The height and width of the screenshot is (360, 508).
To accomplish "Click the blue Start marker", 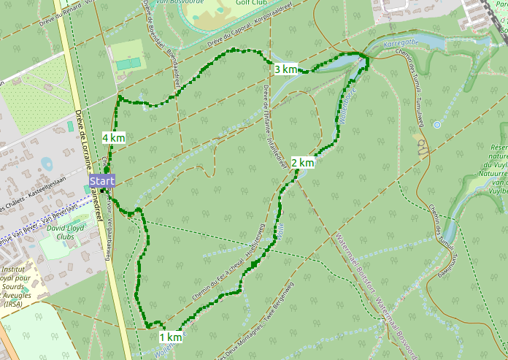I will click(101, 180).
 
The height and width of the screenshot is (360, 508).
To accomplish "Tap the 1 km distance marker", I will click(170, 337).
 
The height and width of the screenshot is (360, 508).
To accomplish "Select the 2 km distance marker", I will click(302, 163).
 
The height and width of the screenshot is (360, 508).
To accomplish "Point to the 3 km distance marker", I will click(285, 69).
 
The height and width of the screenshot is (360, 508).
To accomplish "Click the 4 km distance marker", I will click(113, 137).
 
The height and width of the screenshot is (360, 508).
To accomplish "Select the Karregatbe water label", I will click(402, 43).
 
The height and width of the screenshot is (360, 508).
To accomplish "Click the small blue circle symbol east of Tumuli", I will click(436, 125).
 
